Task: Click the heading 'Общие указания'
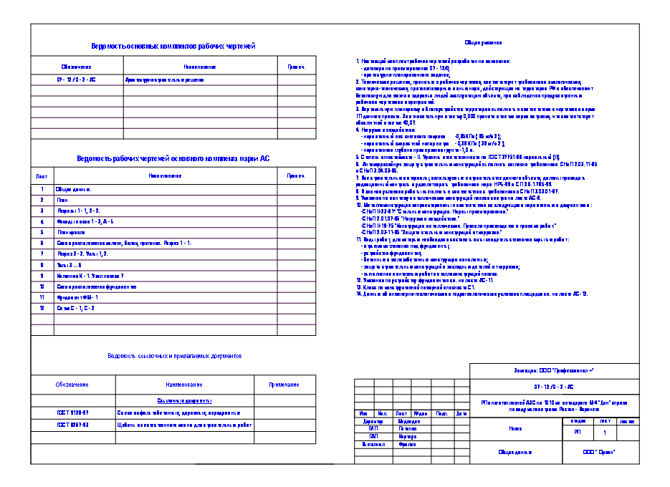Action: [x=477, y=43]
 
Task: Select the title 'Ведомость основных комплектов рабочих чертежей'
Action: [x=173, y=47]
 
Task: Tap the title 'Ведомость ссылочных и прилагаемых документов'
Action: [x=175, y=355]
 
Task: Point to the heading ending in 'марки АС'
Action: [x=173, y=158]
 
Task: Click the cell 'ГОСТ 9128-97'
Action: [x=73, y=413]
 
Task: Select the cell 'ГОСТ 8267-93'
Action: [x=73, y=425]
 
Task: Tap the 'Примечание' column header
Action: [x=284, y=385]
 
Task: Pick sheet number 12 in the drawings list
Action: [x=42, y=307]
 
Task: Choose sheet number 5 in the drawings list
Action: [x=42, y=232]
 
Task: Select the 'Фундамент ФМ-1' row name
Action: [x=77, y=296]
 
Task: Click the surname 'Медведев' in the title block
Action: [x=408, y=422]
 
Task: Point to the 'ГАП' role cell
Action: [x=373, y=436]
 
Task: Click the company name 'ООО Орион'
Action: [x=599, y=453]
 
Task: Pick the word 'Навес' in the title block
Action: [x=515, y=429]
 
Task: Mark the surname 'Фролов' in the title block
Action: [x=407, y=444]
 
